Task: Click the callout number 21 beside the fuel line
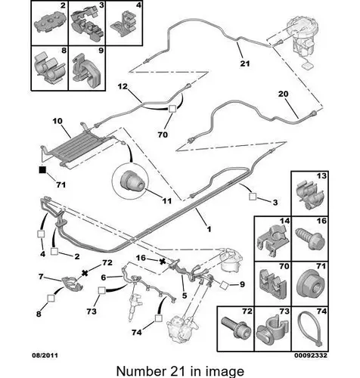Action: click(x=245, y=64)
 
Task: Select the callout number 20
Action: click(x=283, y=94)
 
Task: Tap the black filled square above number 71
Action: click(x=42, y=169)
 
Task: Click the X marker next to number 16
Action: click(x=163, y=262)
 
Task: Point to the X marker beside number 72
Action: click(x=85, y=272)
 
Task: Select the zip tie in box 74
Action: click(x=309, y=330)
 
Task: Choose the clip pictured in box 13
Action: click(x=309, y=194)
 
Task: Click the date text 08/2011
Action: click(x=45, y=355)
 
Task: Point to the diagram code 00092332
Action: click(x=311, y=355)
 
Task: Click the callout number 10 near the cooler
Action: click(x=57, y=121)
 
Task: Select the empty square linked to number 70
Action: click(x=172, y=109)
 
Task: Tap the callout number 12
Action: click(x=123, y=86)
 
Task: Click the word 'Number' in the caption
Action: click(x=139, y=371)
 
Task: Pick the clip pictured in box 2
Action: click(x=50, y=23)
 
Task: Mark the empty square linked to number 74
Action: click(x=158, y=318)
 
